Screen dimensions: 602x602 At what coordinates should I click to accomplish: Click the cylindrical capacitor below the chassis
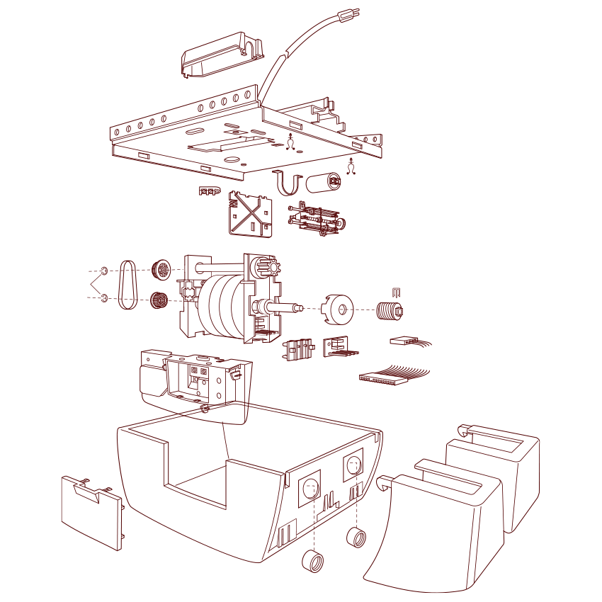(x=324, y=183)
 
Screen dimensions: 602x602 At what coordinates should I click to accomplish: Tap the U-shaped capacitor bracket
(x=288, y=183)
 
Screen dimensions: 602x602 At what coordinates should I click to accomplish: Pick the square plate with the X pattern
(x=251, y=215)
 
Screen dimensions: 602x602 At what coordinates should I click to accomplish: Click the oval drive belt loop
(x=127, y=284)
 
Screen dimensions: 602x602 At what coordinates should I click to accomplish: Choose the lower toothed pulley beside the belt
(x=159, y=301)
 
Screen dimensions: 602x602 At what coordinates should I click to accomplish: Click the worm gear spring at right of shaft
(x=389, y=310)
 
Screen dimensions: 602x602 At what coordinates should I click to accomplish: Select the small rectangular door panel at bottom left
(x=91, y=512)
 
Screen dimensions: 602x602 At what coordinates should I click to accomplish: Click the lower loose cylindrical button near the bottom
(x=313, y=561)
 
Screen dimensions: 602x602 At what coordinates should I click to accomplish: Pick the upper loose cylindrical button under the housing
(x=356, y=537)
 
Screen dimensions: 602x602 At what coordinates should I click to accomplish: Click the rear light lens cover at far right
(x=510, y=467)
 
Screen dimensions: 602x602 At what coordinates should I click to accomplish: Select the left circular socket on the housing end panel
(x=309, y=488)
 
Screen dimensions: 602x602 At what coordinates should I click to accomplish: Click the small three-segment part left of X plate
(x=210, y=191)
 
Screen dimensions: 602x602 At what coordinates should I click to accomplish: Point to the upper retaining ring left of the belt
(x=104, y=271)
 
